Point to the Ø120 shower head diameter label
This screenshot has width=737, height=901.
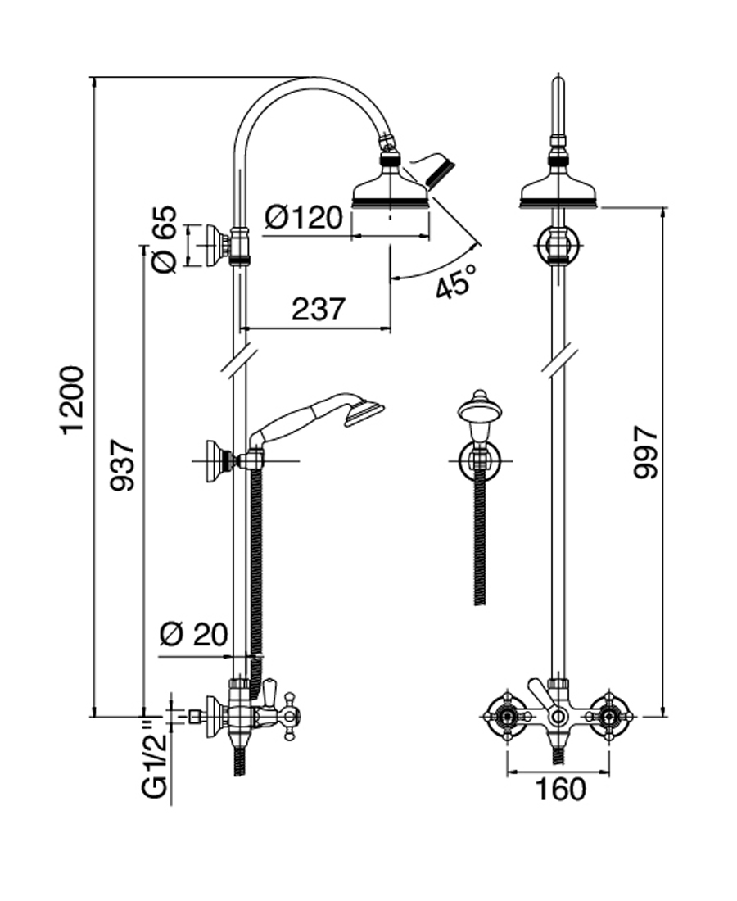tap(304, 218)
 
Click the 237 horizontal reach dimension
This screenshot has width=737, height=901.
tap(319, 309)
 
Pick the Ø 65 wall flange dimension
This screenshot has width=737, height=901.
tap(164, 240)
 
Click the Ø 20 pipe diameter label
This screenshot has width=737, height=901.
tap(193, 635)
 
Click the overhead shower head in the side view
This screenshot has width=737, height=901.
tap(391, 190)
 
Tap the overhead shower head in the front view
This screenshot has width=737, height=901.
tap(560, 190)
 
